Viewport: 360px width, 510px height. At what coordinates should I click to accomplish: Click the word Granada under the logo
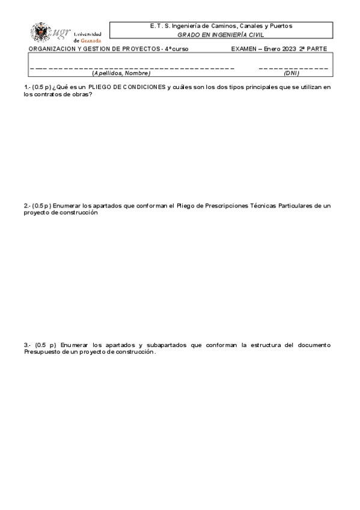click(x=91, y=40)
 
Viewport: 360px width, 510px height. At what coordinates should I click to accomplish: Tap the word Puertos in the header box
click(x=279, y=26)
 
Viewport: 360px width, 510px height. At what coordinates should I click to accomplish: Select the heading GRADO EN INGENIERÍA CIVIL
click(x=221, y=35)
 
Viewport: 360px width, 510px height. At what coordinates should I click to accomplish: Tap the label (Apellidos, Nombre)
click(x=121, y=73)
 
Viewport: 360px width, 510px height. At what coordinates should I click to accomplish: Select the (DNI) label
click(x=291, y=73)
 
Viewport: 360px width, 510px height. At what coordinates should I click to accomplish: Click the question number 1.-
click(x=27, y=87)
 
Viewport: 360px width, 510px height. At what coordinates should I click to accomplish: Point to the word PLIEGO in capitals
click(x=101, y=87)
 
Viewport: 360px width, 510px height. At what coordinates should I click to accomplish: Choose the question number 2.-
click(x=27, y=206)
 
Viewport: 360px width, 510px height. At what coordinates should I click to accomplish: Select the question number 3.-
click(x=27, y=345)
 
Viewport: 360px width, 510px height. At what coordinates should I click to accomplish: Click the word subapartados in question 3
click(x=162, y=345)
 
